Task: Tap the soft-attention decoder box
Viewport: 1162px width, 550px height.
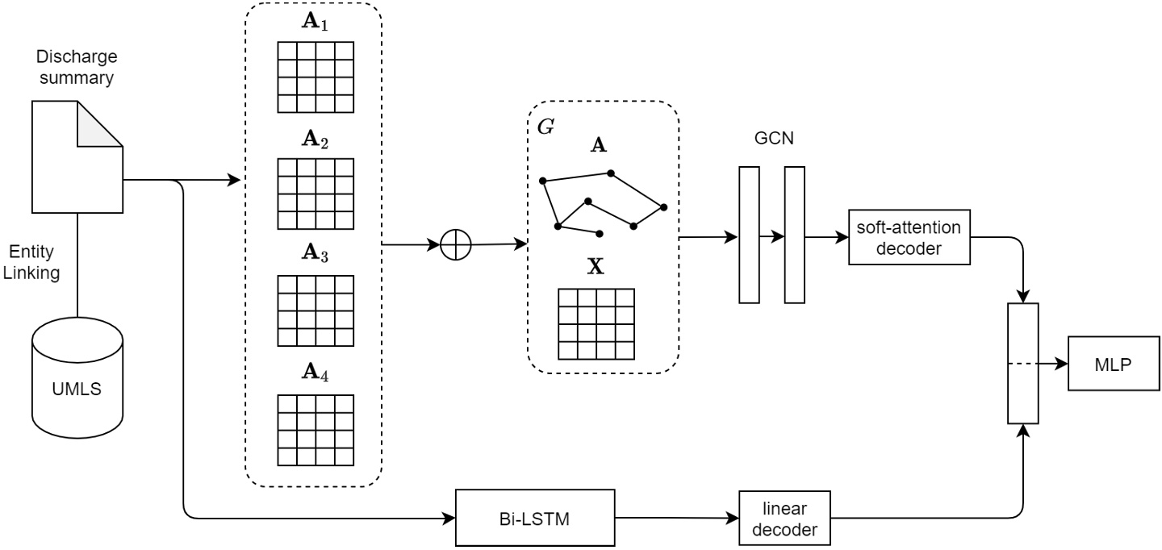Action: [910, 238]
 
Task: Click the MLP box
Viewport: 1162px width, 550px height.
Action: [1113, 363]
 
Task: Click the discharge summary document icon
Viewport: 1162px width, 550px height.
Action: [77, 157]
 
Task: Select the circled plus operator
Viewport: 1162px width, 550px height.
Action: [456, 245]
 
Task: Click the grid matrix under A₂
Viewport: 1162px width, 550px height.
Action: [316, 193]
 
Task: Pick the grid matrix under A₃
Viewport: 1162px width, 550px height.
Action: [316, 310]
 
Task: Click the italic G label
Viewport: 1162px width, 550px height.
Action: [545, 127]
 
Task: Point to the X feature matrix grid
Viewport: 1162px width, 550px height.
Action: [596, 323]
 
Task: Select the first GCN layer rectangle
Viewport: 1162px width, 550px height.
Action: [749, 235]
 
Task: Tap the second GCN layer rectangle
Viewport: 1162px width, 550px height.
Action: [794, 235]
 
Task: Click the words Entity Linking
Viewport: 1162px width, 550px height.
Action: [32, 263]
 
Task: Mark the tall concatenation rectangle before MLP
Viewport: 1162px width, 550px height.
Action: [1023, 363]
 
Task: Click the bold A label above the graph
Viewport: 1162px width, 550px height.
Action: [599, 145]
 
